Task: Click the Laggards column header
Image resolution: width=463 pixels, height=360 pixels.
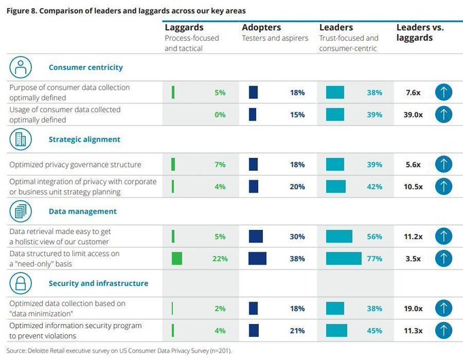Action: [184, 27]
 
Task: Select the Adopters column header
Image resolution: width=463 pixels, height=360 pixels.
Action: [262, 27]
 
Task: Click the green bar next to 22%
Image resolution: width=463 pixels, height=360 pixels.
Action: [176, 259]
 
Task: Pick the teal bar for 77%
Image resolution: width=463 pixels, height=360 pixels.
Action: [344, 259]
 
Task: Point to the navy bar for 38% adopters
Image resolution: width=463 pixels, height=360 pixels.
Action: [257, 259]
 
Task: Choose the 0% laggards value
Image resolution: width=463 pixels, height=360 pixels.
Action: [219, 114]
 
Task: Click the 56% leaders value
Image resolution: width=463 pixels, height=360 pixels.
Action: [374, 236]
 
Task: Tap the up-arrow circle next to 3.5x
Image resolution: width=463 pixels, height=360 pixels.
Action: [443, 259]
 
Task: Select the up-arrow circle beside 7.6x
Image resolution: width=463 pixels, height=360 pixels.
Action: [443, 93]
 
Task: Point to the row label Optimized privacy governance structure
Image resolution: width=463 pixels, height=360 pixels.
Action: [75, 165]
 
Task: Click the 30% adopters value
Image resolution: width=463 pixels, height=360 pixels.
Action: [297, 236]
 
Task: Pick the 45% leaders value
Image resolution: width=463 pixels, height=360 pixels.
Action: [374, 330]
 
